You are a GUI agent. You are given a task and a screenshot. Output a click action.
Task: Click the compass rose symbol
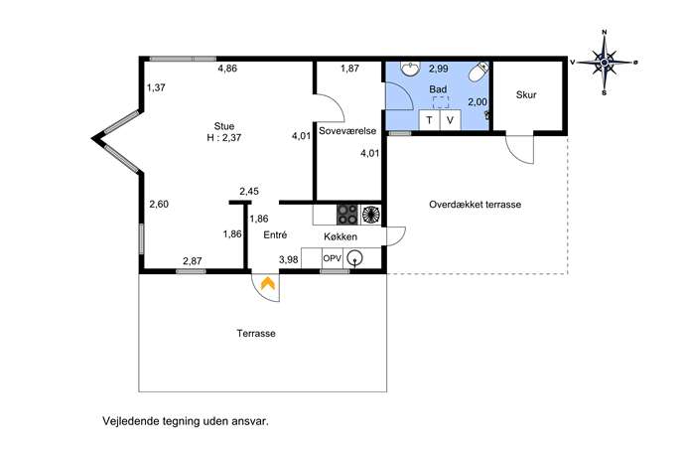point(605,63)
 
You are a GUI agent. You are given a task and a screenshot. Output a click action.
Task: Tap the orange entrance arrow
point(267,284)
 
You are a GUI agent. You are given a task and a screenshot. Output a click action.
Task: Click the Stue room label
point(224,126)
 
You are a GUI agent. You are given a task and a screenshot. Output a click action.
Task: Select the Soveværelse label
point(347,131)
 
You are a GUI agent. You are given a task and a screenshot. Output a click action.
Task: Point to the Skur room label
point(526,95)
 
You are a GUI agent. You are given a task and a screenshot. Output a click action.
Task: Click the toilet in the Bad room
point(478,72)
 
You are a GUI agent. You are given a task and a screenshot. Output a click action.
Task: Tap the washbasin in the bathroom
point(410,68)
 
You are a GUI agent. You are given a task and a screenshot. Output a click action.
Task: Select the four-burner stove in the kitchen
point(347,215)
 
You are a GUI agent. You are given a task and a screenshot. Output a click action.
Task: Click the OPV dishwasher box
point(333,258)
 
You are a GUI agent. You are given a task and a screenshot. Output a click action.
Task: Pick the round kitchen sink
point(355,258)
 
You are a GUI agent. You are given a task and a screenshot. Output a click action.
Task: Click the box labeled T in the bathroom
point(429,120)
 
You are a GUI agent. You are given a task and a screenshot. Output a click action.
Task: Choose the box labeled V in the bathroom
point(450,120)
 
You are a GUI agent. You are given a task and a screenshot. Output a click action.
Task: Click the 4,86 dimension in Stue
point(227,68)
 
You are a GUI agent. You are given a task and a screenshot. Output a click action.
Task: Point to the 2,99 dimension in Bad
point(439,69)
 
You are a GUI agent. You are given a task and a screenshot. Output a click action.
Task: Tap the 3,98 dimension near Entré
point(288,260)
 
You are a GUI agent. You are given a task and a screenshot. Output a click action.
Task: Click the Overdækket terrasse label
point(475,205)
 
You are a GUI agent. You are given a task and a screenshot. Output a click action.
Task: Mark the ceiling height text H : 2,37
point(224,137)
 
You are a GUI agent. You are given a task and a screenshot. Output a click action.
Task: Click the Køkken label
point(341,236)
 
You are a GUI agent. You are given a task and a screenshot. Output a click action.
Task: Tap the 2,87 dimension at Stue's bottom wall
point(193,261)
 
